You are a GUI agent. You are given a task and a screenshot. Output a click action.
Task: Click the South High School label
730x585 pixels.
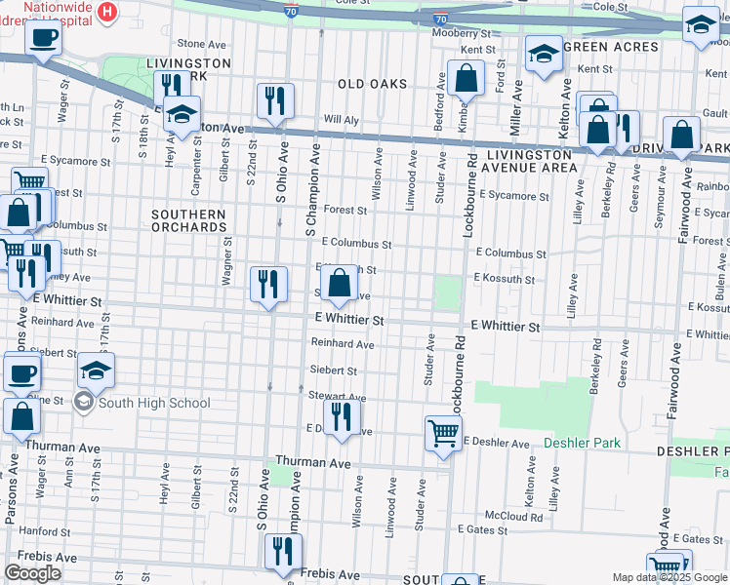pos(153,403)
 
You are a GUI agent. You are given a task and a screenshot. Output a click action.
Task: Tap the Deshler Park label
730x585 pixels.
pos(582,443)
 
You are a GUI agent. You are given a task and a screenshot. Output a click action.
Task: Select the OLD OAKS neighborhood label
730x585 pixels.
pos(372,84)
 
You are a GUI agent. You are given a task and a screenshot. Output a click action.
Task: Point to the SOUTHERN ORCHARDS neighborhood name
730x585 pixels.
pos(189,220)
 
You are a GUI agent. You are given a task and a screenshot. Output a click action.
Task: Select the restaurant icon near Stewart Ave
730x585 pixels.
pos(340,416)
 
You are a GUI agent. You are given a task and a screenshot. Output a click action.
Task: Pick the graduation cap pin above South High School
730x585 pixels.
pos(96,370)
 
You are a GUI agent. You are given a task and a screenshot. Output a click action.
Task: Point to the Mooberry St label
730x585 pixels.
pos(460,33)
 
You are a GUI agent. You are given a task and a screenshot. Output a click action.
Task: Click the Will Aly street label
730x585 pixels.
pos(342,119)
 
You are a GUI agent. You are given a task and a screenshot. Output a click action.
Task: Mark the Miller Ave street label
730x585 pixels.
pos(516,109)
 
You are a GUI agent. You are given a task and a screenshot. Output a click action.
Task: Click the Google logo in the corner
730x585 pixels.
pos(32,573)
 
